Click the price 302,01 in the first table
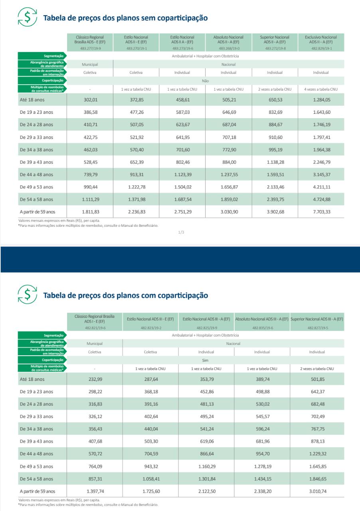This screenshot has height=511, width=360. pos(90,100)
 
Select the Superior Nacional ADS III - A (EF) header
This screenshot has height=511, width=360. pos(317,319)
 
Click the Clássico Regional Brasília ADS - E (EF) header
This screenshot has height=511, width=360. pos(90,39)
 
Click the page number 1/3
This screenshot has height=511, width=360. pos(181,231)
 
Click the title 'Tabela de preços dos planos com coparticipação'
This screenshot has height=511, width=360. pos(126,296)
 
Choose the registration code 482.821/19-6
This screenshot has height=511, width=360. pos(95,328)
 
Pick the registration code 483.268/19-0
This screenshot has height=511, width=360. pos(228,48)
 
